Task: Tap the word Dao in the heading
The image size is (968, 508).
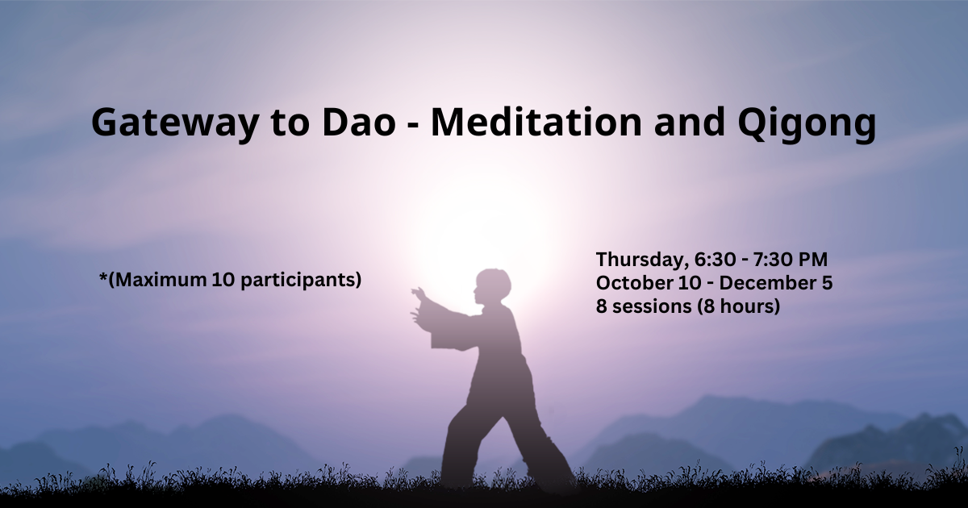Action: (359, 123)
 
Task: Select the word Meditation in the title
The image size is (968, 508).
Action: (536, 122)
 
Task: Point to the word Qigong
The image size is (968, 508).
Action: (807, 124)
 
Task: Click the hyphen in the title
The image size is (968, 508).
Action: (414, 125)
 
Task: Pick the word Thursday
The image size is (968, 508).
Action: (643, 260)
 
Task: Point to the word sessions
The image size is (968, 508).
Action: (652, 306)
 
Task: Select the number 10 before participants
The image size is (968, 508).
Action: (223, 281)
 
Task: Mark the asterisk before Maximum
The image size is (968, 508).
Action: (103, 276)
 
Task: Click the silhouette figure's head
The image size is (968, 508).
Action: (493, 286)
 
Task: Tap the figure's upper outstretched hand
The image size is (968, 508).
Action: (419, 294)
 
